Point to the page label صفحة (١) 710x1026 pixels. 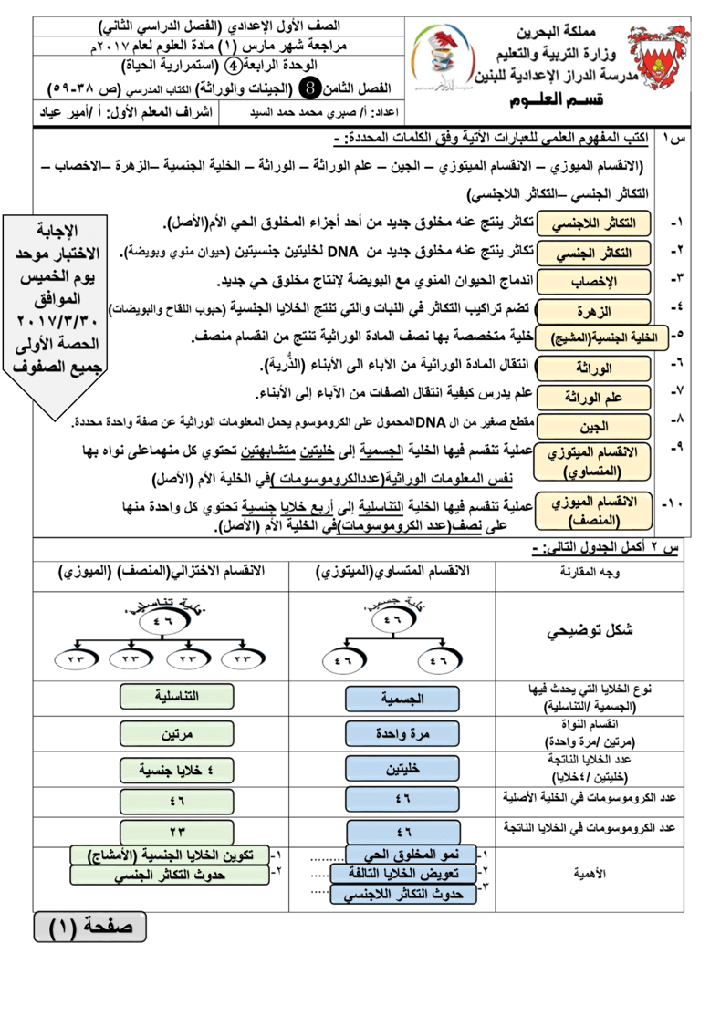89,926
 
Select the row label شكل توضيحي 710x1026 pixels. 589,632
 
